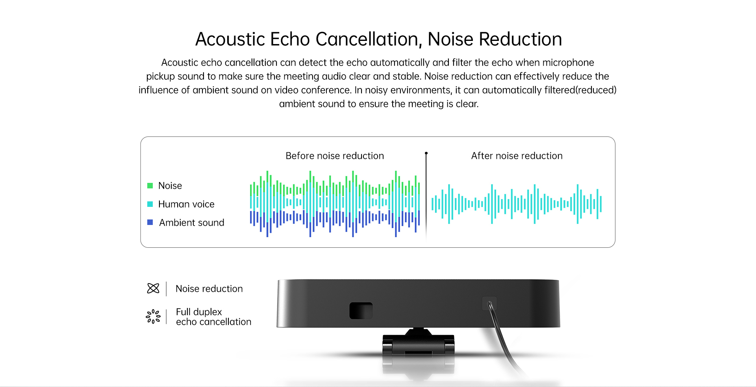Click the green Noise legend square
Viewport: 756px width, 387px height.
(x=150, y=186)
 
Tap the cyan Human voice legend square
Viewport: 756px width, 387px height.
(x=150, y=204)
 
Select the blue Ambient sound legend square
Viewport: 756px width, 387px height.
(x=150, y=222)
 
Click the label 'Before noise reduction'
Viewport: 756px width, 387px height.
(x=335, y=156)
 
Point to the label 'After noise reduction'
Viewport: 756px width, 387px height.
(x=517, y=156)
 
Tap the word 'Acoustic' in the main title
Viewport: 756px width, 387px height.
(x=230, y=39)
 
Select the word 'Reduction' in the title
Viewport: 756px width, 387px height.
(x=520, y=39)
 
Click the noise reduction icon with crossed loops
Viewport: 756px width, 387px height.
(x=153, y=288)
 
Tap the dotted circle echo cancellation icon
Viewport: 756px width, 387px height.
(x=153, y=316)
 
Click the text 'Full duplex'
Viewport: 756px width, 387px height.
(x=199, y=312)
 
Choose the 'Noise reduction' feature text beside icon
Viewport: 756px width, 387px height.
(x=209, y=289)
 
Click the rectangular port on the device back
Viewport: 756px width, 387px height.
(x=361, y=311)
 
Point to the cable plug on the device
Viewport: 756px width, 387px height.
(x=489, y=304)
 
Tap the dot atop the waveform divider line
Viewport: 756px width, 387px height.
(x=426, y=153)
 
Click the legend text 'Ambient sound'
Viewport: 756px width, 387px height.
(x=192, y=223)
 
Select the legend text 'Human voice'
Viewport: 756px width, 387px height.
(x=186, y=204)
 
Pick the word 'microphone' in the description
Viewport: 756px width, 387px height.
(x=568, y=63)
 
